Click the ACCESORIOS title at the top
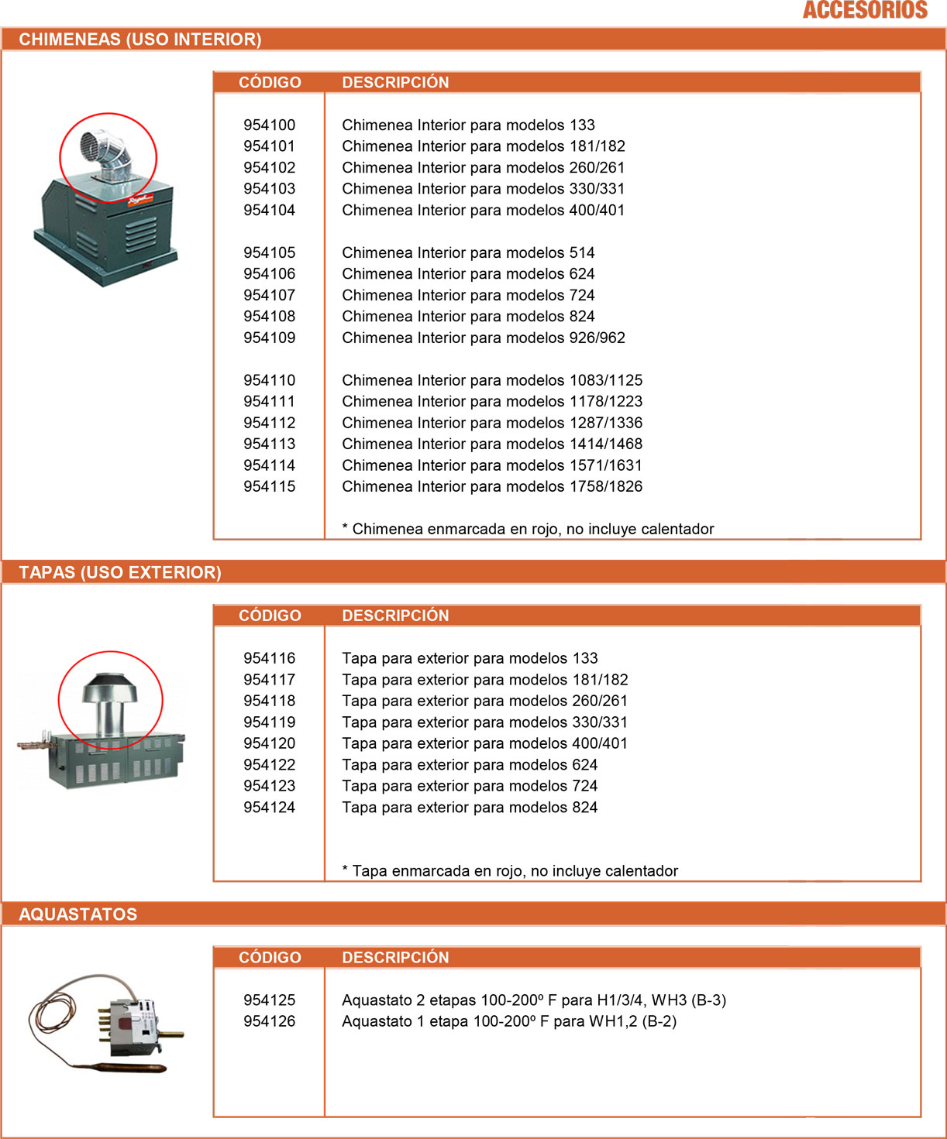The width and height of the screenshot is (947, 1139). coord(865,10)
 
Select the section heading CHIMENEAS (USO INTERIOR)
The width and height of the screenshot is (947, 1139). coord(139,39)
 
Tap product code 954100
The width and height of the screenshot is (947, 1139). coord(269,125)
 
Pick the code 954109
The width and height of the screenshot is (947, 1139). coord(269,338)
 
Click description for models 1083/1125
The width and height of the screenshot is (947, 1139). coord(492,380)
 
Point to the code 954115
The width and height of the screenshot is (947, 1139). coord(269,486)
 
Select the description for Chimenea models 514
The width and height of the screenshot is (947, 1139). coord(468,252)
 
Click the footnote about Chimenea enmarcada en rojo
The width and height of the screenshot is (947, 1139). coord(528,529)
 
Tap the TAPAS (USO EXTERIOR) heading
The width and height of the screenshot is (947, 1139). coord(120,572)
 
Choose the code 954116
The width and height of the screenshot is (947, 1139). coord(269,658)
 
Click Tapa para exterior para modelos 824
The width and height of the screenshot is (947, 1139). coord(470,807)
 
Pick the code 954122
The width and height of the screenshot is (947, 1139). coord(269,764)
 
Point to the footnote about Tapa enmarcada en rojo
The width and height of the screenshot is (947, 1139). coord(510,871)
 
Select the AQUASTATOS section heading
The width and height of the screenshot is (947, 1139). coord(77,914)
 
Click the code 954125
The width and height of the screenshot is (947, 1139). coord(269,1000)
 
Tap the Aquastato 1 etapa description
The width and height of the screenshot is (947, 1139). coord(509,1021)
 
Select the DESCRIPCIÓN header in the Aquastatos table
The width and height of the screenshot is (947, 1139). coord(395,958)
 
